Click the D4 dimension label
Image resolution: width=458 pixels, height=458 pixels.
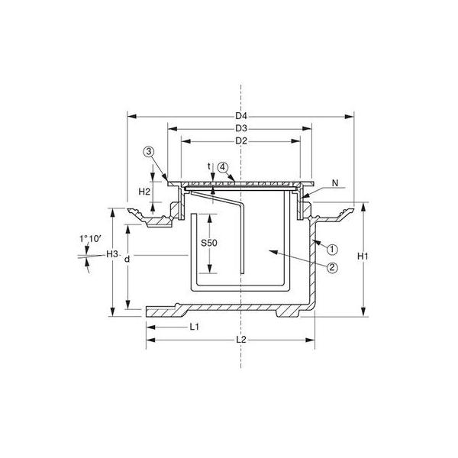(x=241, y=116)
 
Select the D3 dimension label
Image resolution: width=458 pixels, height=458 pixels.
(x=241, y=128)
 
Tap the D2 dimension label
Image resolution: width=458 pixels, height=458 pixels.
(x=241, y=141)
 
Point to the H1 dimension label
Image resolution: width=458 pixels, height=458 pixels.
(x=363, y=256)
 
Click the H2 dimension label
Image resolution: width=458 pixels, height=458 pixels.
(x=144, y=192)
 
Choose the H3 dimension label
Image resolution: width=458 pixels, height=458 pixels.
(x=112, y=254)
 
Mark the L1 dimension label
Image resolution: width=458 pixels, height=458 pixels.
(x=194, y=327)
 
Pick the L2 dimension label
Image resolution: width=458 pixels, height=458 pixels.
(x=241, y=340)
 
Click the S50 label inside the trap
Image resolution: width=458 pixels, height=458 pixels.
(x=209, y=243)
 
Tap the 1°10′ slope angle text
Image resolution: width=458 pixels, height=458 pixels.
(x=90, y=239)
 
